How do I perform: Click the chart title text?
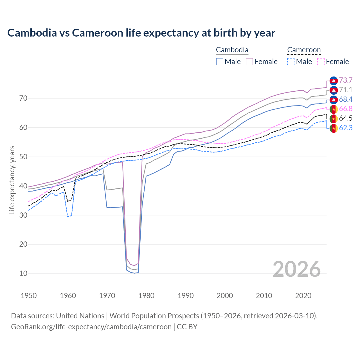click(x=141, y=33)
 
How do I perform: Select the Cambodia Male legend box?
click(x=220, y=62)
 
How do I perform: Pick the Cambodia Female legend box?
click(x=249, y=62)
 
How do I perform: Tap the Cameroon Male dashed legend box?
click(x=291, y=62)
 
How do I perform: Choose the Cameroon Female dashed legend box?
click(x=321, y=62)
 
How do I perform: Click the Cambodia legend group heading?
click(x=232, y=50)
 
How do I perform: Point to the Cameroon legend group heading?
click(x=304, y=50)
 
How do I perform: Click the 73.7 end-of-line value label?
click(x=346, y=80)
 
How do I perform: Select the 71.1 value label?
click(x=346, y=90)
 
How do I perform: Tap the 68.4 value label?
click(x=346, y=100)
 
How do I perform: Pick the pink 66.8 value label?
click(x=346, y=109)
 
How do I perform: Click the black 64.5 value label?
click(x=346, y=118)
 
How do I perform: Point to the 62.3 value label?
click(x=346, y=128)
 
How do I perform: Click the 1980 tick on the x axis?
click(x=146, y=296)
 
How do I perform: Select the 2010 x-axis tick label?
click(x=264, y=296)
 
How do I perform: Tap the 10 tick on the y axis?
click(x=23, y=273)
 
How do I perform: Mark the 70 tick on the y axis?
click(x=23, y=98)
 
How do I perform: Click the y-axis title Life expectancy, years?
click(x=12, y=180)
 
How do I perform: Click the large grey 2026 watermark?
click(x=297, y=269)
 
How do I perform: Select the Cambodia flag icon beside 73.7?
click(x=334, y=81)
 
